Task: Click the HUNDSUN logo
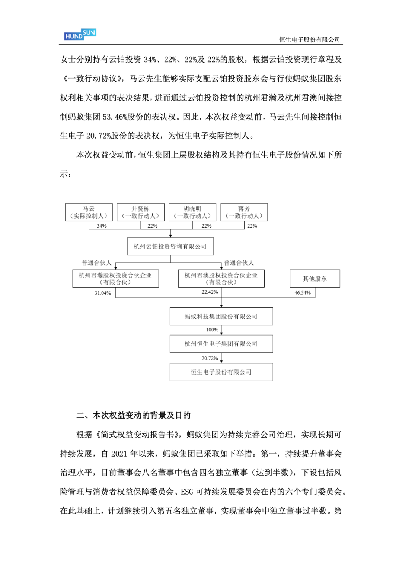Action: (80, 34)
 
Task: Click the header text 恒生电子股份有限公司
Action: (309, 40)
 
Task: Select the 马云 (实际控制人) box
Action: (89, 212)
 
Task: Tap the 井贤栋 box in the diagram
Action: (140, 212)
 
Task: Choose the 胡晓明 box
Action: (192, 212)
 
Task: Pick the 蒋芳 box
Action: (244, 212)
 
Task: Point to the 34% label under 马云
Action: (102, 226)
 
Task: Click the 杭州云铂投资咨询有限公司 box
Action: (170, 246)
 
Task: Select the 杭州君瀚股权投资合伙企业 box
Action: (115, 279)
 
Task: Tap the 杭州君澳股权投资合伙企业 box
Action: (221, 279)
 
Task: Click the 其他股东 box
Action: (315, 279)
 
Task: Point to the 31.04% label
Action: (103, 293)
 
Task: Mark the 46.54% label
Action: (302, 293)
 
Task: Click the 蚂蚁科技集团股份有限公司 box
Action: (221, 317)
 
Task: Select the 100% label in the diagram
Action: (212, 330)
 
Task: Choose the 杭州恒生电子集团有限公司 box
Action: (221, 344)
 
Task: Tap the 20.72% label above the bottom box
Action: (210, 358)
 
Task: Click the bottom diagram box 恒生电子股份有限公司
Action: (221, 372)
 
